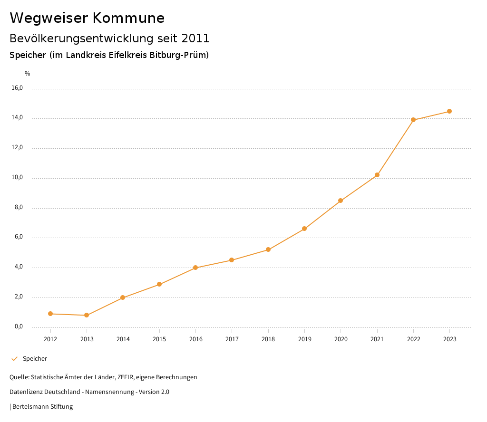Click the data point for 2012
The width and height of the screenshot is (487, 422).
pos(50,314)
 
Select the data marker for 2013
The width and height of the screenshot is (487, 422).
pos(87,315)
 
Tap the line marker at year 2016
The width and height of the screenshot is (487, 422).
pos(195,268)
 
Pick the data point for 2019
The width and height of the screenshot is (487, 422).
pos(304,229)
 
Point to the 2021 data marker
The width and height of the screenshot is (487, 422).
pos(377,175)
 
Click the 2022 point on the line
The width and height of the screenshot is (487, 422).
pos(413,120)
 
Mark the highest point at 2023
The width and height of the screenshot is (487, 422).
pos(449,111)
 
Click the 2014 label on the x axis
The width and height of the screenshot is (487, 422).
pos(123,339)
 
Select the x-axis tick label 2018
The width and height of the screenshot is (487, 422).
pos(268,339)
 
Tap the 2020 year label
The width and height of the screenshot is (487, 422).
pos(341,339)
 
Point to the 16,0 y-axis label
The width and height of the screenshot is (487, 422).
pos(17,88)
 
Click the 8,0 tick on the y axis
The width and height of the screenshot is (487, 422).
pos(19,207)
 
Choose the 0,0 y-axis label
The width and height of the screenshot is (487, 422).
pos(19,326)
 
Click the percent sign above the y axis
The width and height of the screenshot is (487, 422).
pos(28,74)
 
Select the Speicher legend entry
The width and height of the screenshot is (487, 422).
pos(35,359)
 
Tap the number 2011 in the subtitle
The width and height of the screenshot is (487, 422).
pos(195,38)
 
